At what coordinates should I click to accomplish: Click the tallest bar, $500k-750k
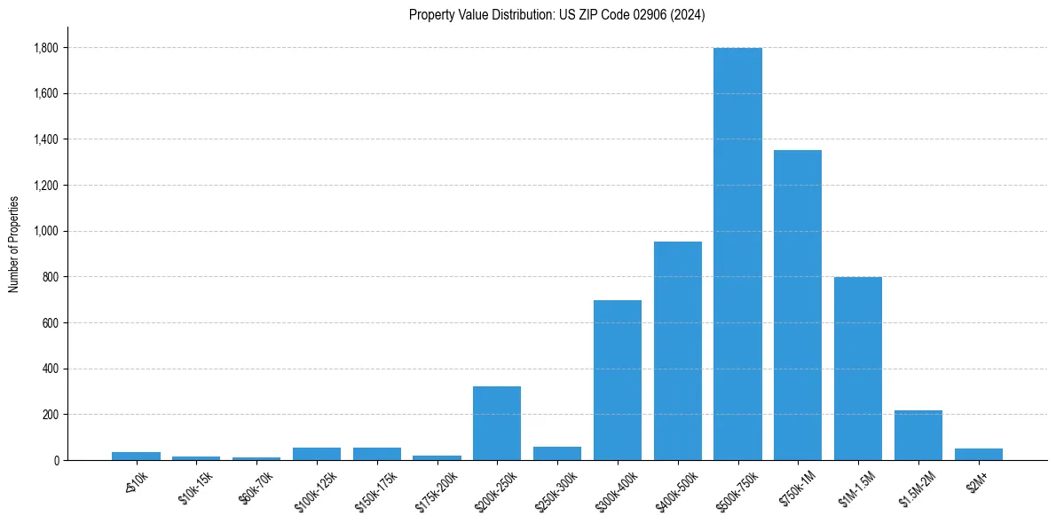[737, 254]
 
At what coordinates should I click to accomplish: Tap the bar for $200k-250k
[497, 423]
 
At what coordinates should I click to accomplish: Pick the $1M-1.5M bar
[858, 369]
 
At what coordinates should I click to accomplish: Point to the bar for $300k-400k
[618, 380]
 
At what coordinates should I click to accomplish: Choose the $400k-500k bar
[678, 351]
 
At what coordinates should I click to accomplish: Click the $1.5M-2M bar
[918, 435]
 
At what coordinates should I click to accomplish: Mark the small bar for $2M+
[979, 454]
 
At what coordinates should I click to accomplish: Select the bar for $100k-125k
[317, 454]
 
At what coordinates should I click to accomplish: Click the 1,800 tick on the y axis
[47, 48]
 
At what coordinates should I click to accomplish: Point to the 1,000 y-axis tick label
[47, 232]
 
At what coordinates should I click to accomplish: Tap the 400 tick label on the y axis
[51, 369]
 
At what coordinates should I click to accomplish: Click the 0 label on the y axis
[57, 461]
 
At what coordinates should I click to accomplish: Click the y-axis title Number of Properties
[14, 243]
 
